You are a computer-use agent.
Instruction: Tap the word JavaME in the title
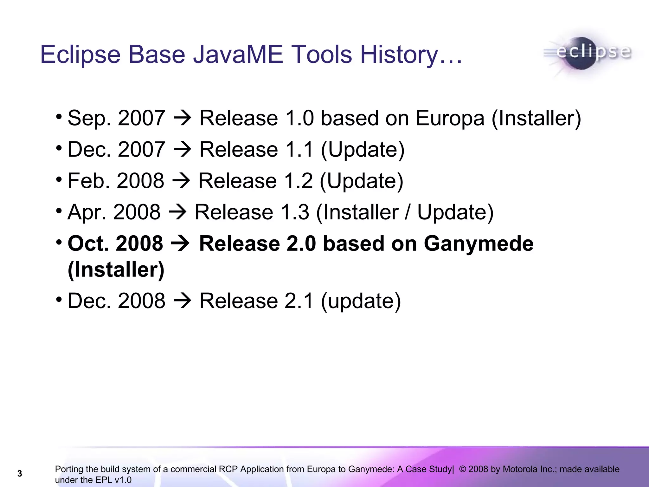pyautogui.click(x=238, y=55)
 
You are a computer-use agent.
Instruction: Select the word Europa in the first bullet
pyautogui.click(x=450, y=118)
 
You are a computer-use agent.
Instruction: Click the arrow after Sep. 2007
pyautogui.click(x=183, y=118)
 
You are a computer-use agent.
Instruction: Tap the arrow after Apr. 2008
pyautogui.click(x=178, y=212)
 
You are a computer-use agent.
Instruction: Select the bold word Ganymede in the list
pyautogui.click(x=479, y=244)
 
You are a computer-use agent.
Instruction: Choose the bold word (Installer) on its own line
pyautogui.click(x=116, y=270)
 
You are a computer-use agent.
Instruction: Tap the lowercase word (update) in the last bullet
pyautogui.click(x=361, y=301)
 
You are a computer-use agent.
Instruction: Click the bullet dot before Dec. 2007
pyautogui.click(x=59, y=148)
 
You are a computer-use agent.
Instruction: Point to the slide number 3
pyautogui.click(x=20, y=474)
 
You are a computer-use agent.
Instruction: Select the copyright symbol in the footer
pyautogui.click(x=462, y=469)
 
